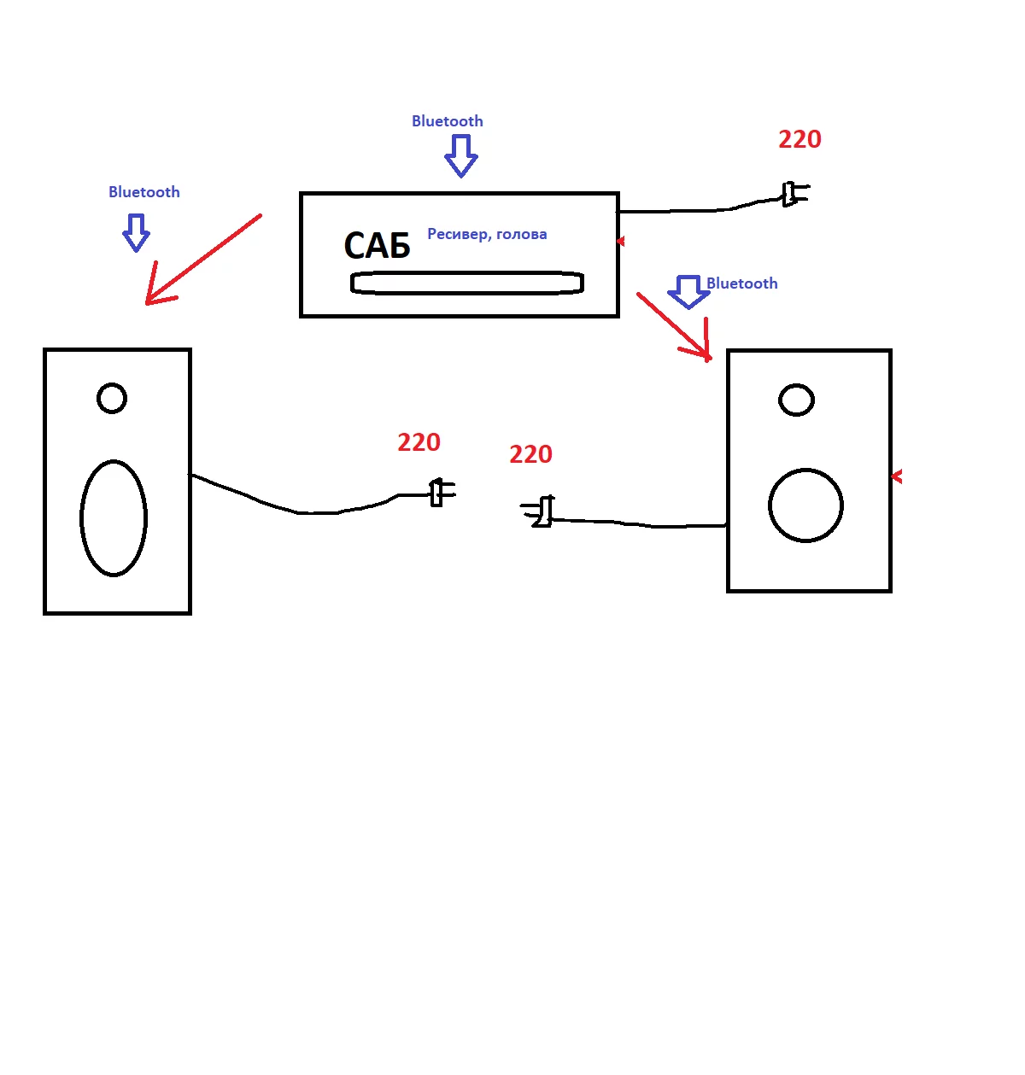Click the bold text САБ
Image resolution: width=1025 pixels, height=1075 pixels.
377,246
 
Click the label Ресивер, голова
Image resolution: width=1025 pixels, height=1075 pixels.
487,234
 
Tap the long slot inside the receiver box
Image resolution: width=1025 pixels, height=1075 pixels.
466,283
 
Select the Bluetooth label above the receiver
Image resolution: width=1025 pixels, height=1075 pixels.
447,121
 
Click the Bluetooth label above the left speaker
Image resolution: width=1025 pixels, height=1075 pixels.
143,192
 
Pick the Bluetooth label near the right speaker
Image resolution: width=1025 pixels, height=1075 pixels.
741,283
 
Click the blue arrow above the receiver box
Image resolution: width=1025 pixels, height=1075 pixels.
460,155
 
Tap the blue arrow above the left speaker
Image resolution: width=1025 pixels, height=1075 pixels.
136,232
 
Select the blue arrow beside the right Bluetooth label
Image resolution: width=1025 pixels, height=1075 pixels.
688,291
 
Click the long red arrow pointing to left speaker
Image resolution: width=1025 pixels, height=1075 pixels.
202,259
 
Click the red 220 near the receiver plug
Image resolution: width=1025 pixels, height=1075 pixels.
799,139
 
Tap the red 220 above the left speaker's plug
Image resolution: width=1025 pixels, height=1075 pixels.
419,442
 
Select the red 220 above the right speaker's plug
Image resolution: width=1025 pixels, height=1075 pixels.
530,454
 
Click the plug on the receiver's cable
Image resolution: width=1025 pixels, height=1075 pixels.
794,195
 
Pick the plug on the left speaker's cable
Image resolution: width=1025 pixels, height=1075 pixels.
440,493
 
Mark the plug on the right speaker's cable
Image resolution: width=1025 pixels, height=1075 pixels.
539,511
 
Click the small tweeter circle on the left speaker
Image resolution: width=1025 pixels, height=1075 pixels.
112,398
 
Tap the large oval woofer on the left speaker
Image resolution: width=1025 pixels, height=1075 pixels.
114,518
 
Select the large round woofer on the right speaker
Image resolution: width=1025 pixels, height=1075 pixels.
805,505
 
